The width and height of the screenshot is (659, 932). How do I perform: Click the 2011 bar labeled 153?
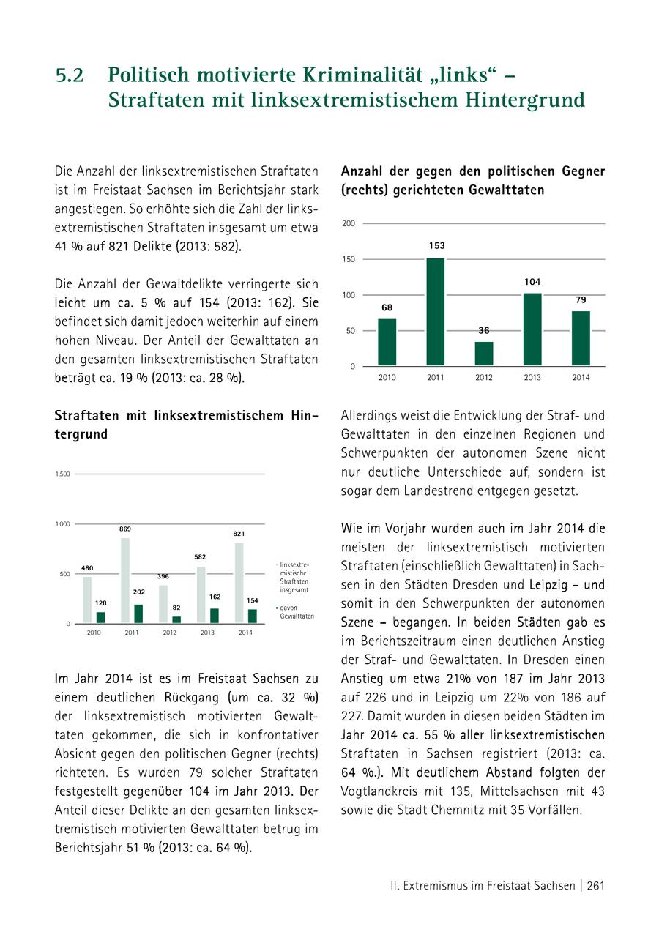(x=436, y=312)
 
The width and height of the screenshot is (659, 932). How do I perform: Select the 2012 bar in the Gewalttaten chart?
(x=484, y=354)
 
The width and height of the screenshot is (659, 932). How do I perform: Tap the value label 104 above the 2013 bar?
(x=532, y=282)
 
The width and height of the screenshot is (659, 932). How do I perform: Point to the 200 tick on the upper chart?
(x=349, y=223)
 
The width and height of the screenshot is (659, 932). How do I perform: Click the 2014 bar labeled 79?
(x=581, y=338)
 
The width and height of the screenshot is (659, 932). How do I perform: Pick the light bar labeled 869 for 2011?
(x=125, y=581)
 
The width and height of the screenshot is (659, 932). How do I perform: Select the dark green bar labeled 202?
(x=138, y=614)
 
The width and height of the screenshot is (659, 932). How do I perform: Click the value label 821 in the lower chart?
(x=239, y=534)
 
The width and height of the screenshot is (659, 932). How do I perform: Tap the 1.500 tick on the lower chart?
(x=63, y=474)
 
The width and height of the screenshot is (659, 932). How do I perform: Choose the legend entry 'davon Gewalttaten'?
(x=296, y=612)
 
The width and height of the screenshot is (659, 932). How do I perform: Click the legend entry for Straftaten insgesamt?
(x=294, y=576)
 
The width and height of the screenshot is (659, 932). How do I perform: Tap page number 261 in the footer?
(x=595, y=885)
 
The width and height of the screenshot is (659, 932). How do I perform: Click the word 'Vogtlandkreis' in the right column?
(x=379, y=791)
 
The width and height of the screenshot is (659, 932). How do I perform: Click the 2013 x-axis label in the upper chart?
(x=532, y=378)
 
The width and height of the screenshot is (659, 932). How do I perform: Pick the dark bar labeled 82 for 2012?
(x=176, y=619)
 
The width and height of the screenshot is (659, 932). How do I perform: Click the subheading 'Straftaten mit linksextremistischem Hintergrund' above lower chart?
(x=186, y=425)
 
